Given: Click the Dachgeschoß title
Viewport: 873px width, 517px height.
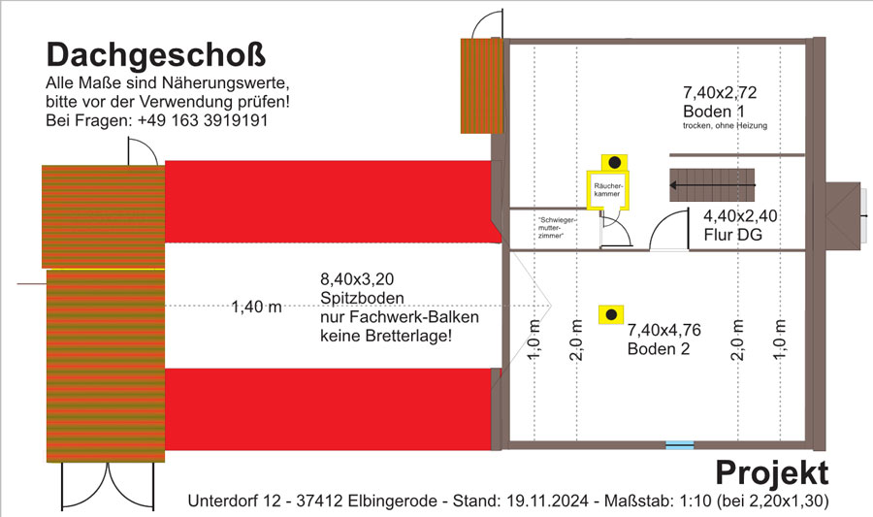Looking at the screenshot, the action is (x=156, y=56).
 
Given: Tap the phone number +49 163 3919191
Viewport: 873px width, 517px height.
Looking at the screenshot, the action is (x=203, y=120).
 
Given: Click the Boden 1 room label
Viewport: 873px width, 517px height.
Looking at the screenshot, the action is (x=714, y=112).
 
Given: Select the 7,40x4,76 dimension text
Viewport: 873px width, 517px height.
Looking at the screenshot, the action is (x=664, y=330).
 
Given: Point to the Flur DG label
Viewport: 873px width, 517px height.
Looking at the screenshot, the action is (x=732, y=235).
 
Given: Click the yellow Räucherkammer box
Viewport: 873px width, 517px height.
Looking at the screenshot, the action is (x=607, y=190).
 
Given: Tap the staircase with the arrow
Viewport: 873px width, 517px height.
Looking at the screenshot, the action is (x=712, y=184).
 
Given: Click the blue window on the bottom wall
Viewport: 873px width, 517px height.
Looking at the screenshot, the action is (x=680, y=444).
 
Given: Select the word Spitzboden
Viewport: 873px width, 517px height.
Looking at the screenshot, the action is (x=362, y=299).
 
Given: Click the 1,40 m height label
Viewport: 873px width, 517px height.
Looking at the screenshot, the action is (x=257, y=307).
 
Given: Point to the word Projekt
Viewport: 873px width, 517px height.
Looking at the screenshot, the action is (x=772, y=473).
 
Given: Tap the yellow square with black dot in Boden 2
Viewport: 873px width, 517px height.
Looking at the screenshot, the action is (x=611, y=314).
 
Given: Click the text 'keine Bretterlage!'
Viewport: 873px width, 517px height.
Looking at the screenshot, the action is (x=386, y=337).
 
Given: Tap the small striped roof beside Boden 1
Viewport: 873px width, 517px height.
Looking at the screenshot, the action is (x=482, y=85).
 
